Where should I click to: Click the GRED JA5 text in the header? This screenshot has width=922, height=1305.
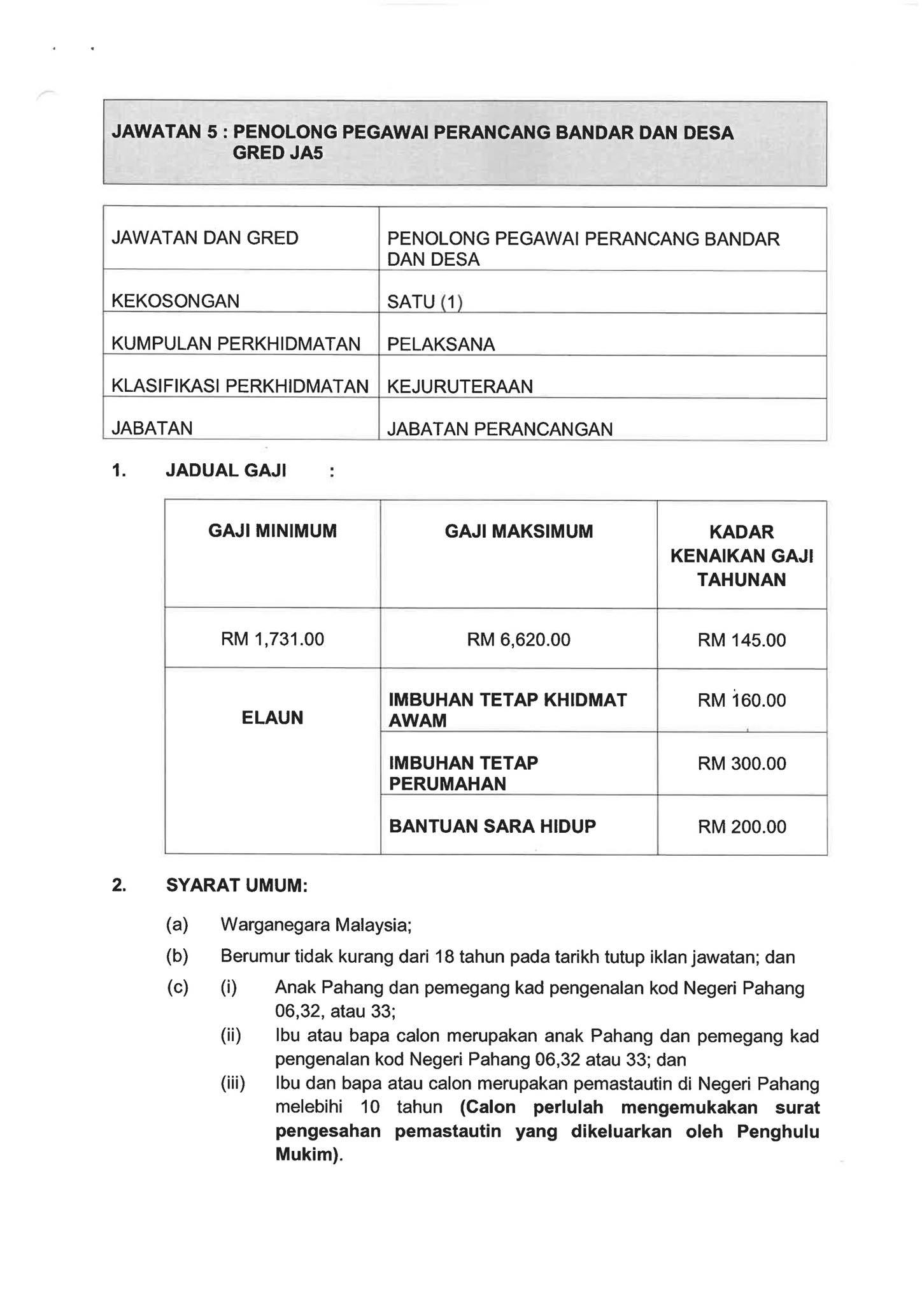click(278, 154)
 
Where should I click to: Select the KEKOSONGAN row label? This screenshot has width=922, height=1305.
click(175, 301)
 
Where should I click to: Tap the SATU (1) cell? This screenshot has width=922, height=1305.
click(424, 301)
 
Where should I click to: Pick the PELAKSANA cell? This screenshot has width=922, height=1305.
click(441, 344)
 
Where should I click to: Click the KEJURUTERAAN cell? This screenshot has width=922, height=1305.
click(460, 386)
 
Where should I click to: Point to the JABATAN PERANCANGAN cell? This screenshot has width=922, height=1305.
click(500, 429)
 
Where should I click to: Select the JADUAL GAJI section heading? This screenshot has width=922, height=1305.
click(225, 471)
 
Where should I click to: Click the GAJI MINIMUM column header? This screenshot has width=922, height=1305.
click(273, 531)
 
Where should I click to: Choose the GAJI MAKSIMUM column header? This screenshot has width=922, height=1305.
click(518, 531)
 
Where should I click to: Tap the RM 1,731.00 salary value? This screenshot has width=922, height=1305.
click(273, 639)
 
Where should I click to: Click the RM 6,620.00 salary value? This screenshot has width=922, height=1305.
click(518, 639)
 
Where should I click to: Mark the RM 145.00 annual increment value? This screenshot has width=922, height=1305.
click(742, 640)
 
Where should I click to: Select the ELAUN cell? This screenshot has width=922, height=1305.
click(273, 718)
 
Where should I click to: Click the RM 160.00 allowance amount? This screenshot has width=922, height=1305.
click(742, 701)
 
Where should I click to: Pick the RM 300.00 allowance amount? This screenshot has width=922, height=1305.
click(742, 763)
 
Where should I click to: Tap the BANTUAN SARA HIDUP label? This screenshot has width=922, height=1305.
click(492, 826)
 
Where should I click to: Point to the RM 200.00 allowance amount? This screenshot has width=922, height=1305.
click(742, 827)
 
